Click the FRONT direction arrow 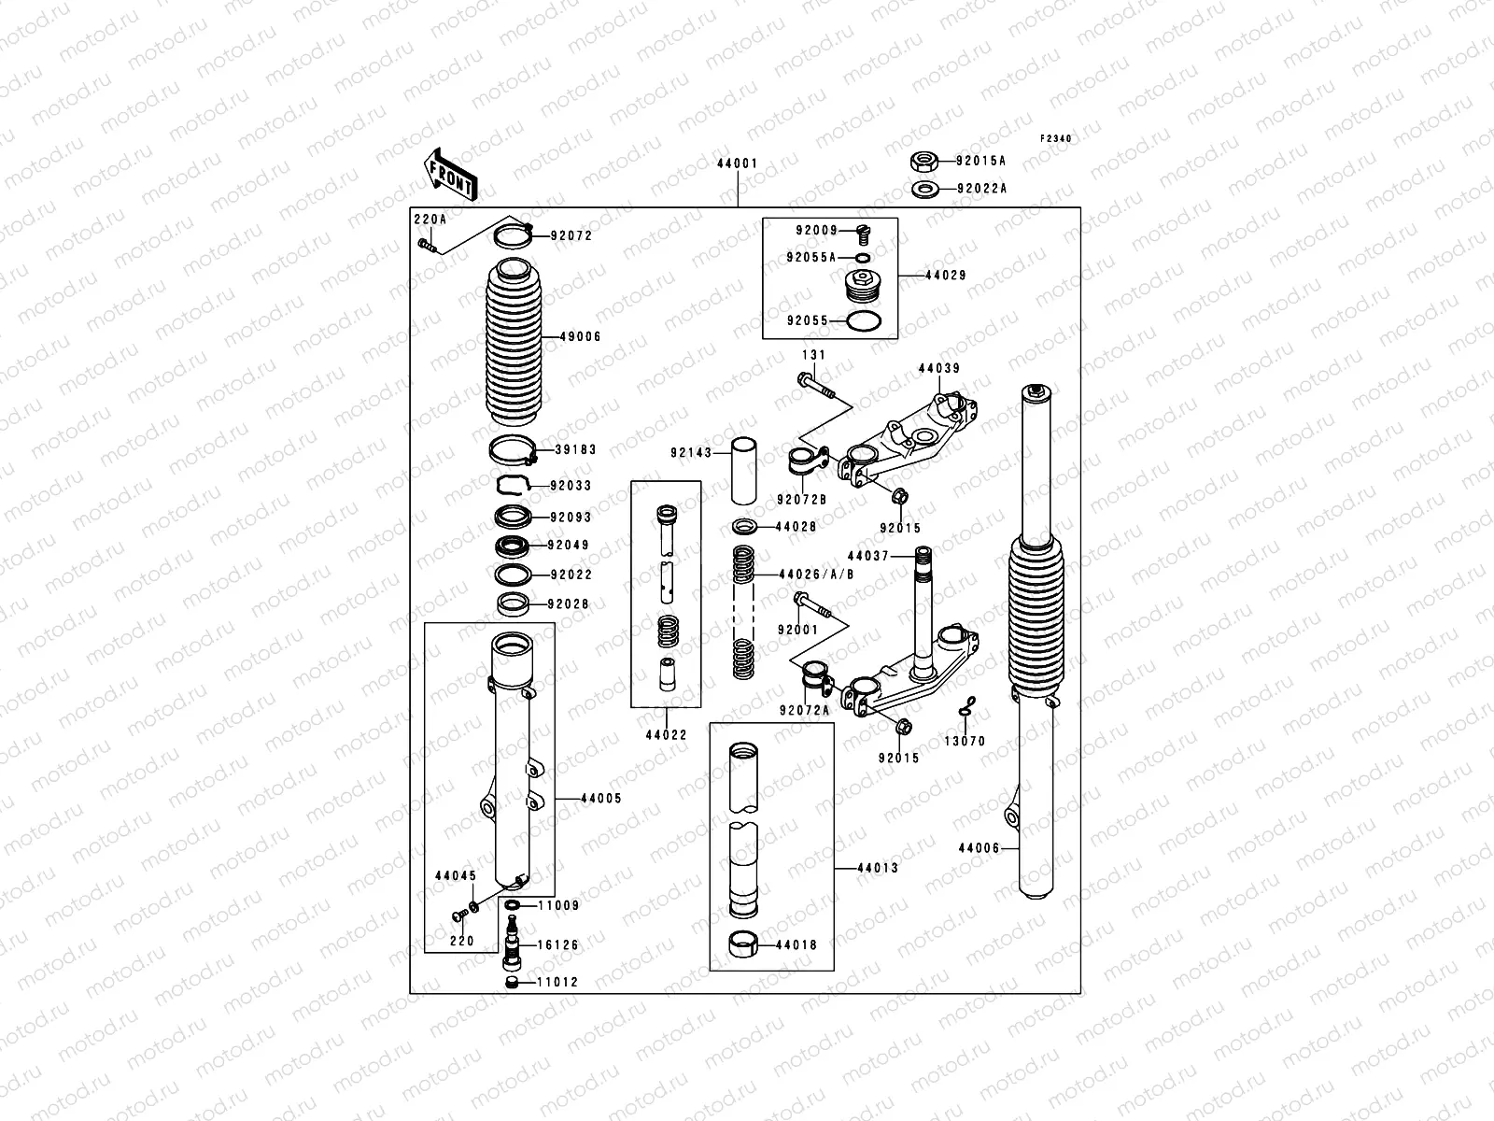tap(452, 174)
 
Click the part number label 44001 tap(737, 163)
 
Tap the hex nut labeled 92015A tap(924, 161)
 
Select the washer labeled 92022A tap(924, 189)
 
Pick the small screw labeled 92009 tap(863, 231)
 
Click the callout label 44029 tap(945, 276)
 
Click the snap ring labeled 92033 tap(513, 484)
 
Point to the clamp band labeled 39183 tap(514, 450)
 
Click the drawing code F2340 tap(1056, 138)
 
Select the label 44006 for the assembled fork tap(978, 848)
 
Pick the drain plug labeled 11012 tap(511, 983)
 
